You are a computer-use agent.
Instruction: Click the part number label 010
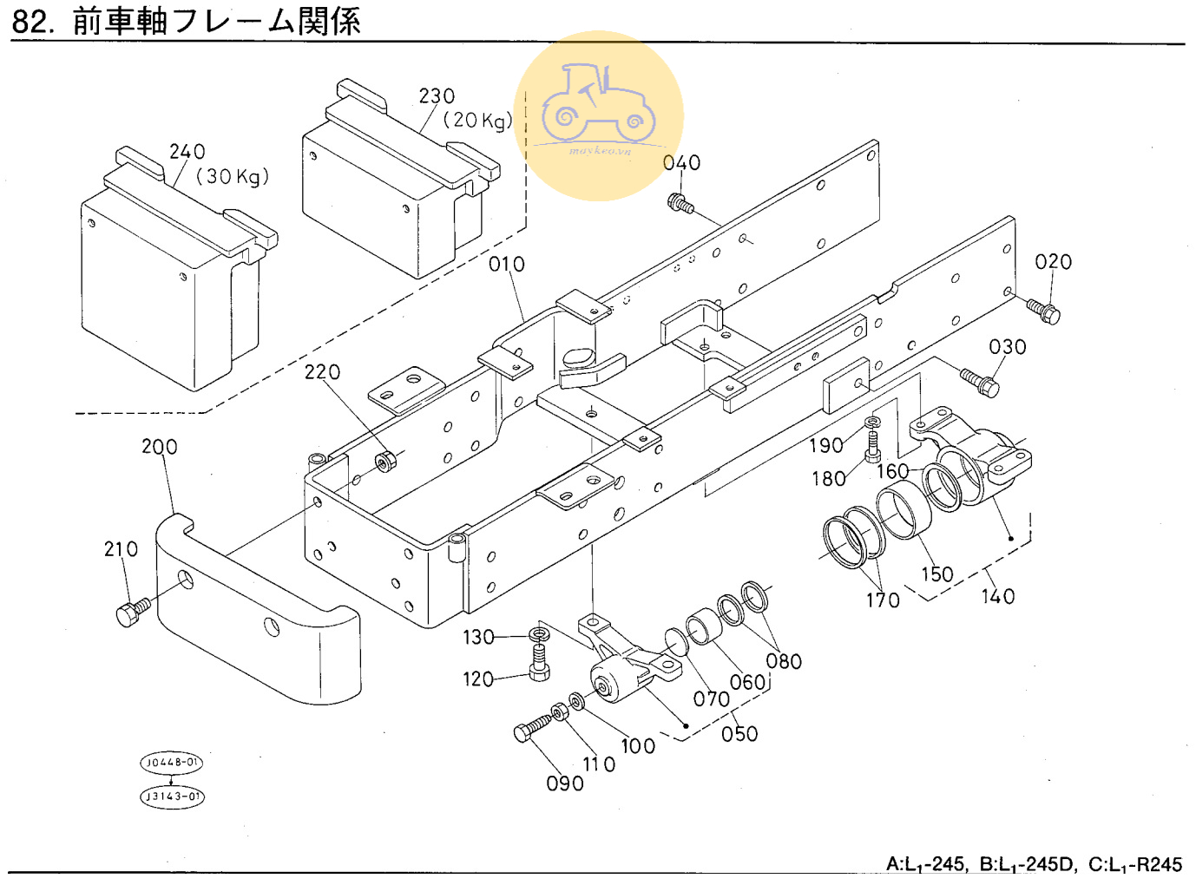coord(507,264)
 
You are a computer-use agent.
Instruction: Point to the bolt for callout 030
coord(978,382)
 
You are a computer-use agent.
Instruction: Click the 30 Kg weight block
coord(169,282)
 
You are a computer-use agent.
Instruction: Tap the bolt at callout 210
coord(132,612)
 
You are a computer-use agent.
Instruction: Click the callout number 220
coord(322,372)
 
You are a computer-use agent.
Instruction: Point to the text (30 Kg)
coord(233,177)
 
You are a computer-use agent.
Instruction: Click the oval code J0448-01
coord(172,763)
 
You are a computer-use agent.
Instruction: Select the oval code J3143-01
coord(172,796)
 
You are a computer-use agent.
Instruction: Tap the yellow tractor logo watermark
coord(598,115)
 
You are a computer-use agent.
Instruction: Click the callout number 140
coord(998,596)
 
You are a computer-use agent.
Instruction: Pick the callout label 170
coord(883,600)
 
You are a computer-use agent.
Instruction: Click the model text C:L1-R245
coord(1135,864)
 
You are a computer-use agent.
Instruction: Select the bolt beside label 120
coord(538,671)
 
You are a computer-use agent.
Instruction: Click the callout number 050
coord(739,734)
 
